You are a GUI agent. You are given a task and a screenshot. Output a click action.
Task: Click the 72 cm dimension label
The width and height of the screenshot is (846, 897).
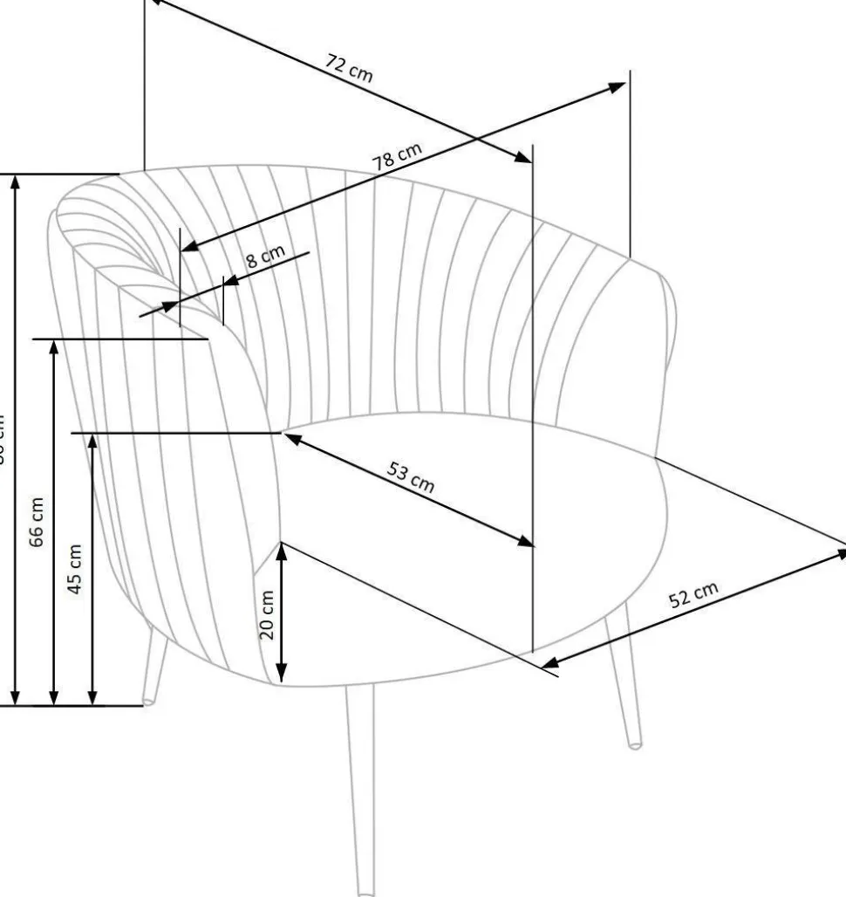pos(349,67)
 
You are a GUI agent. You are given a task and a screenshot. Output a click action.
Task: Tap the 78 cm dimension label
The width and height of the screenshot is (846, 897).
pos(397,157)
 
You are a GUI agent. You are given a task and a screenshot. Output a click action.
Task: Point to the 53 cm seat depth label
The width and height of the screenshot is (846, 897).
pos(411,479)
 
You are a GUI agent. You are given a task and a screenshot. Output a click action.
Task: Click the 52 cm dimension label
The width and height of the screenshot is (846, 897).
pos(693,596)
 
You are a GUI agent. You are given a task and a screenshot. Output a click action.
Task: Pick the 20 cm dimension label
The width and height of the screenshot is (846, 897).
pos(267,614)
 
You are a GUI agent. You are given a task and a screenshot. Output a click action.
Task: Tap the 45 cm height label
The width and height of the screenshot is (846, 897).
pos(76,569)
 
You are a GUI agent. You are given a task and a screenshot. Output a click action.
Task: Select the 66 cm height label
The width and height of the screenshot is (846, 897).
pos(37,522)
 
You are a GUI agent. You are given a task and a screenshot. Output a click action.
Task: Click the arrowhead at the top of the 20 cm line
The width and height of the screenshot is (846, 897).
pos(281,550)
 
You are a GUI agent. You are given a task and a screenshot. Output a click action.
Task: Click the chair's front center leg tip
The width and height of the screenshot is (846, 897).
pos(366,890)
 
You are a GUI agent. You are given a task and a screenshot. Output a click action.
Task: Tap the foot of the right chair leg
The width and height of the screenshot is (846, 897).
pos(637,743)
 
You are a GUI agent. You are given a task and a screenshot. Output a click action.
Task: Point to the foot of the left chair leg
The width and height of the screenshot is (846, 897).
pos(149,700)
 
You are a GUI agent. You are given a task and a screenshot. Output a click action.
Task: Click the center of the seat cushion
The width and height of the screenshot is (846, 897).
pos(471,532)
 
